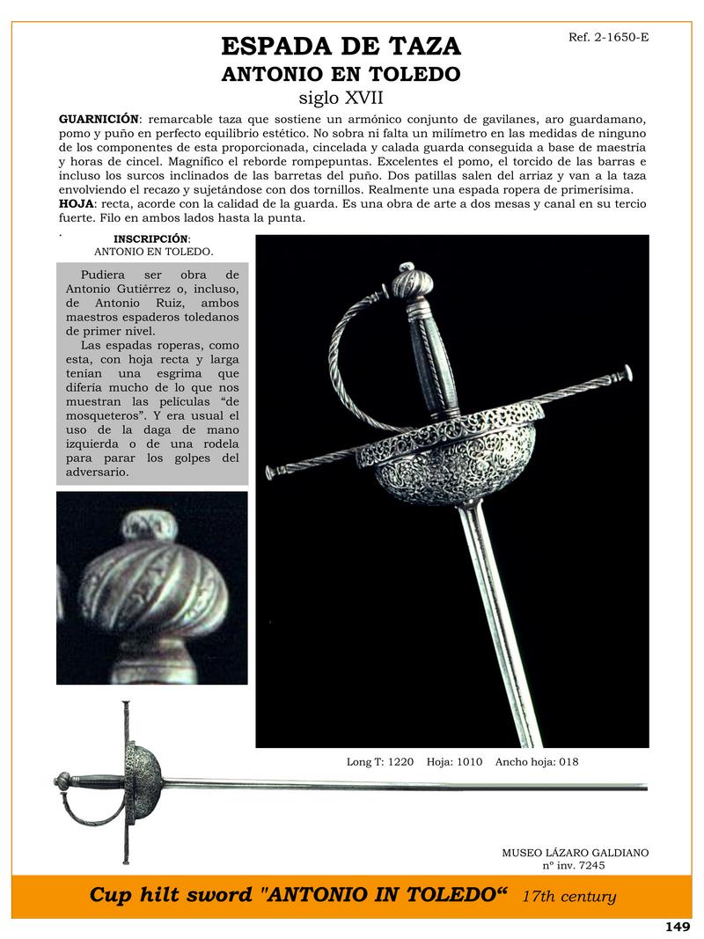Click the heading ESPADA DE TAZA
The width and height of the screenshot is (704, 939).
[x=341, y=47]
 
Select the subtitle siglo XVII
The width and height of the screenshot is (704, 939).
[x=341, y=97]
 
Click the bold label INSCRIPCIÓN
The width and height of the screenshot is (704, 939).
[x=151, y=238]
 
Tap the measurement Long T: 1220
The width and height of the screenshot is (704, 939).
[x=380, y=762]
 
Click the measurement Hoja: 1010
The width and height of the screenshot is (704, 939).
[x=454, y=762]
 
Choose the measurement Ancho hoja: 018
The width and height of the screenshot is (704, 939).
[x=537, y=762]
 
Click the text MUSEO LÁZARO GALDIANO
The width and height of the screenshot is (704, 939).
[x=575, y=853]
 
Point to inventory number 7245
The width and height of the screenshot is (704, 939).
[x=587, y=865]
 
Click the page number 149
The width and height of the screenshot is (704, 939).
[x=677, y=926]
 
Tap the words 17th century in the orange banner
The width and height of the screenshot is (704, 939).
[x=568, y=898]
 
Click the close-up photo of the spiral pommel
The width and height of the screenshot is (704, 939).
[x=151, y=588]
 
